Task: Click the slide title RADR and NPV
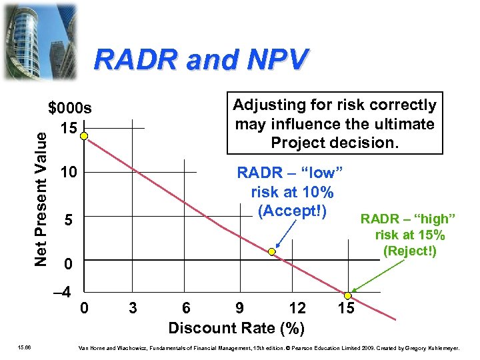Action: pos(201,59)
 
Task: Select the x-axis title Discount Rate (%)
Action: pos(237,328)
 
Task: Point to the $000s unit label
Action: pos(70,109)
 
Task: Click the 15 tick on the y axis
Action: pos(69,127)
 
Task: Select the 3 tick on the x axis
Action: pos(133,308)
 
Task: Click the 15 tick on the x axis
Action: pos(345,308)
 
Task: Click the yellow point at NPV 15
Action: pos(84,136)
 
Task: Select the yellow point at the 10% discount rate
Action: pos(271,252)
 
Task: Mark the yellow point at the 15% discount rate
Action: pos(347,295)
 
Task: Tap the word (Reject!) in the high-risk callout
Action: pos(410,251)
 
